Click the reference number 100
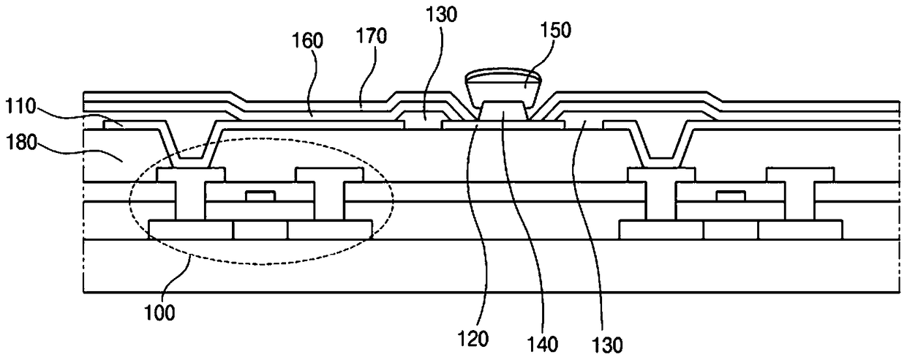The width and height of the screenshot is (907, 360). pyautogui.click(x=159, y=313)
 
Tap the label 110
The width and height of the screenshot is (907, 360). pyautogui.click(x=20, y=107)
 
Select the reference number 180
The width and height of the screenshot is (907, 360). pyautogui.click(x=22, y=143)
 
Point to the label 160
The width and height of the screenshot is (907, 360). pyautogui.click(x=308, y=41)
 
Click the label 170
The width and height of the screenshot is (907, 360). pyautogui.click(x=372, y=36)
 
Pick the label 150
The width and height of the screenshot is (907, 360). pyautogui.click(x=556, y=31)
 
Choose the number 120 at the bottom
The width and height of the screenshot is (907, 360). pyautogui.click(x=473, y=339)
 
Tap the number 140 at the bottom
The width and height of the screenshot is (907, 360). pyautogui.click(x=543, y=345)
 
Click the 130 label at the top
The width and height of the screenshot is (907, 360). pyautogui.click(x=441, y=15)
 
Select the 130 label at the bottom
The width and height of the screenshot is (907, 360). pyautogui.click(x=606, y=345)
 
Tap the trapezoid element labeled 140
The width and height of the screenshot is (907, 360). pyautogui.click(x=503, y=110)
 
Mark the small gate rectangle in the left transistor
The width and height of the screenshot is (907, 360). pyautogui.click(x=261, y=196)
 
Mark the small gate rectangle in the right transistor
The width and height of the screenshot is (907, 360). pyautogui.click(x=731, y=196)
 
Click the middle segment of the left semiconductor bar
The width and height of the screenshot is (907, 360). pyautogui.click(x=260, y=230)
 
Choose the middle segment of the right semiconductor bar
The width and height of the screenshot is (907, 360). pyautogui.click(x=731, y=230)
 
